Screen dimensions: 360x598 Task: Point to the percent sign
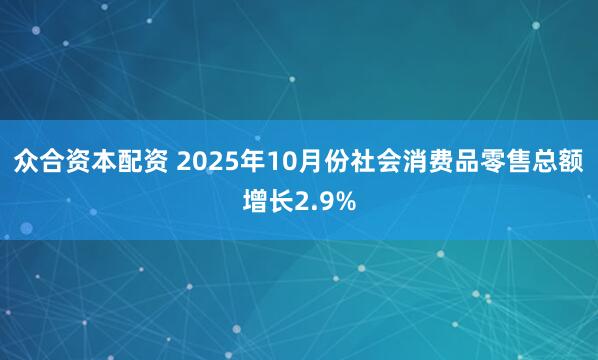[343, 203]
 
